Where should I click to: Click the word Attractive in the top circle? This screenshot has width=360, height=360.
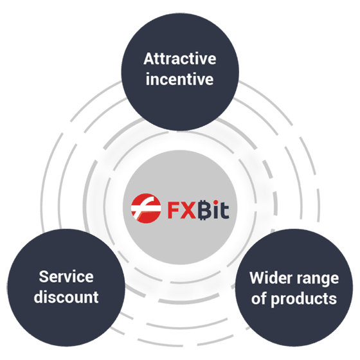click(180, 59)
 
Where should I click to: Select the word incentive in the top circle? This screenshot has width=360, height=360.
click(180, 78)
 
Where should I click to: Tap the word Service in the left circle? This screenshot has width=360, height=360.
click(66, 276)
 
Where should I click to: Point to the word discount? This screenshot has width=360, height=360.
click(66, 296)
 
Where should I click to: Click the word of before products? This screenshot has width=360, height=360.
click(259, 298)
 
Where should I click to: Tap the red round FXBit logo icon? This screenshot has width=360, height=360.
click(146, 208)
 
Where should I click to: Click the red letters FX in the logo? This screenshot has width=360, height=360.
click(181, 210)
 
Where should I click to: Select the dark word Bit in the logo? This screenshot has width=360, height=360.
click(213, 210)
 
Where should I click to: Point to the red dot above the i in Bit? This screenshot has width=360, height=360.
click(216, 203)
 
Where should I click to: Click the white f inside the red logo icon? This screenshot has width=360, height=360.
click(144, 208)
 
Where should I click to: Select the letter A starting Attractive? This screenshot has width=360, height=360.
click(148, 59)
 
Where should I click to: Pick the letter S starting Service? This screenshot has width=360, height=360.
click(44, 276)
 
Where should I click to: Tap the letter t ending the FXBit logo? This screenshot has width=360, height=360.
click(225, 210)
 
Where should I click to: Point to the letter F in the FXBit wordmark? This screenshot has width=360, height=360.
click(173, 210)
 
